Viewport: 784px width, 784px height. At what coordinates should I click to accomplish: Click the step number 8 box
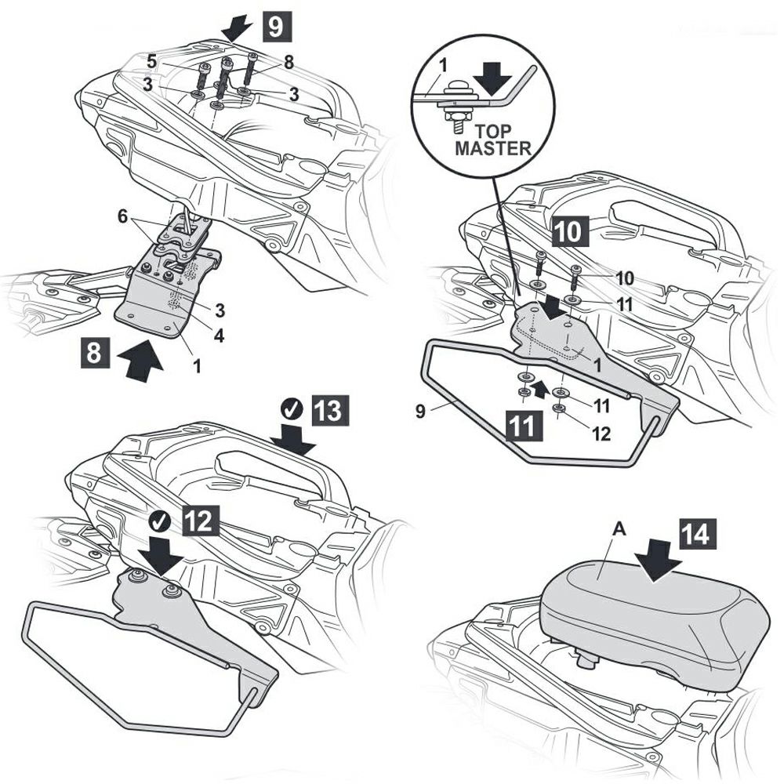pos(94,354)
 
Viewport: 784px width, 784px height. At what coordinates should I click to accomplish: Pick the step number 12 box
pos(198,522)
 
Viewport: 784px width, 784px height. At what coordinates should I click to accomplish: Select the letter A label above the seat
pos(618,530)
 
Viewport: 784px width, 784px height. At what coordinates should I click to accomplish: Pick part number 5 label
pos(151,59)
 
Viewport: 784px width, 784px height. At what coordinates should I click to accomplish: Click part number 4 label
pos(219,335)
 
